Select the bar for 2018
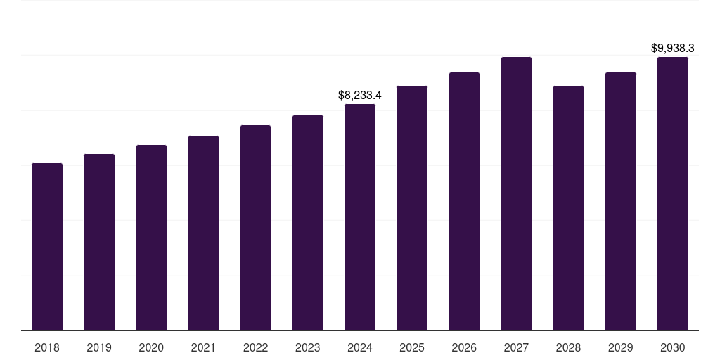click(x=47, y=247)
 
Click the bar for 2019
click(x=99, y=243)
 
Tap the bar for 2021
click(x=203, y=233)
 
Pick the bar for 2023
click(x=308, y=223)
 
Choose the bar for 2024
click(x=360, y=218)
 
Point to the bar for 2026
click(x=464, y=202)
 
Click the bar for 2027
click(x=516, y=194)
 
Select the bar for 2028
click(x=568, y=208)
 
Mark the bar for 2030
click(x=673, y=194)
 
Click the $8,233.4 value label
click(x=360, y=95)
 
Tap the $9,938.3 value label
click(x=673, y=48)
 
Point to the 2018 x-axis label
click(x=47, y=347)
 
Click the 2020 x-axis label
click(x=151, y=347)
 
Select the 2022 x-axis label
click(x=255, y=347)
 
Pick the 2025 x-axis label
click(x=412, y=347)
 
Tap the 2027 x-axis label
click(x=516, y=347)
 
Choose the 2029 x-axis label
click(x=620, y=347)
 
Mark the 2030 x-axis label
click(x=673, y=347)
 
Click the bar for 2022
click(x=255, y=228)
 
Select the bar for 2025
click(x=412, y=208)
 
